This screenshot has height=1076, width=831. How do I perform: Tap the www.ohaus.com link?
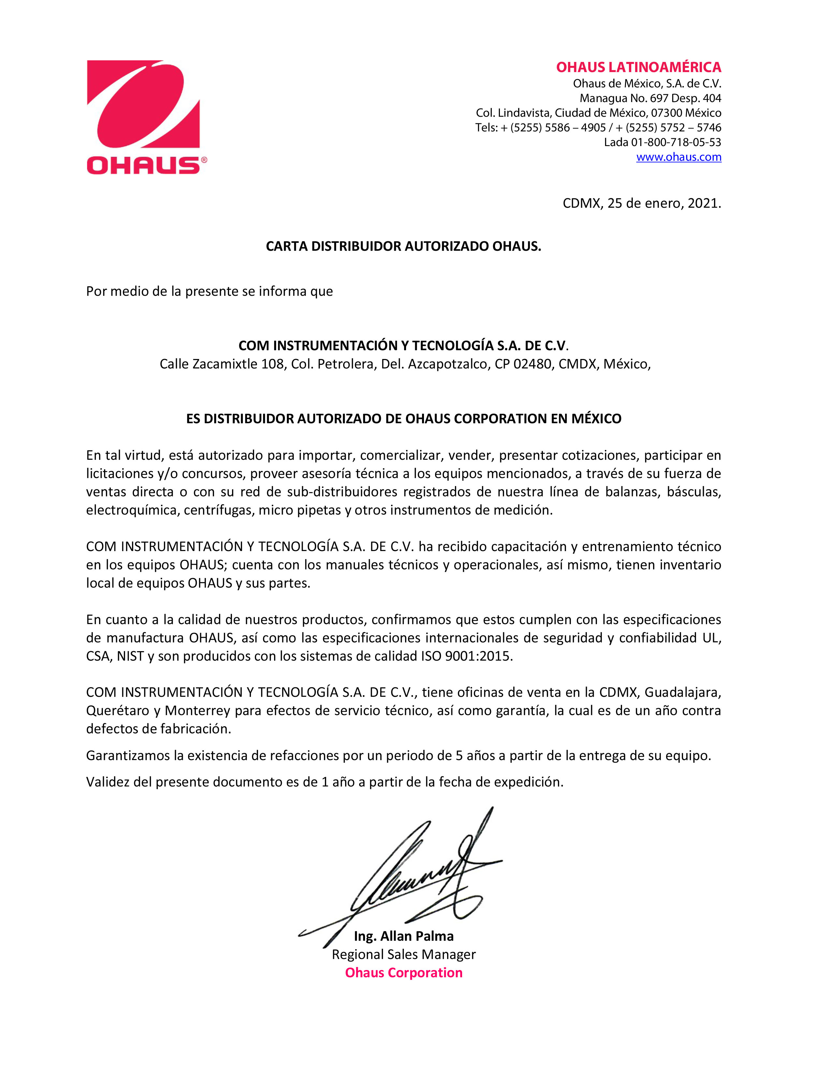pyautogui.click(x=678, y=157)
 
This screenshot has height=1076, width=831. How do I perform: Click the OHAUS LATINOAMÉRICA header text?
pyautogui.click(x=638, y=67)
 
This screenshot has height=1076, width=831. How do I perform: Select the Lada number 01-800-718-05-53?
pyautogui.click(x=676, y=142)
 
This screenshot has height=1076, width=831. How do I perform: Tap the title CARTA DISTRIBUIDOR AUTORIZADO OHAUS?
pyautogui.click(x=403, y=246)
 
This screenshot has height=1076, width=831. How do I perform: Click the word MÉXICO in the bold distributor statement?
pyautogui.click(x=596, y=419)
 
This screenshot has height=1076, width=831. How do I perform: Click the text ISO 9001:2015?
pyautogui.click(x=466, y=656)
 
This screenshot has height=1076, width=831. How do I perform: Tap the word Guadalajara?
pyautogui.click(x=682, y=693)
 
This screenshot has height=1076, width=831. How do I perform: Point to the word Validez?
pyautogui.click(x=107, y=782)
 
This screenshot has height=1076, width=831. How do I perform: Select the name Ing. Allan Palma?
pyautogui.click(x=404, y=936)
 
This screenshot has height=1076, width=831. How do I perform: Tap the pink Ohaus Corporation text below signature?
pyautogui.click(x=404, y=973)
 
